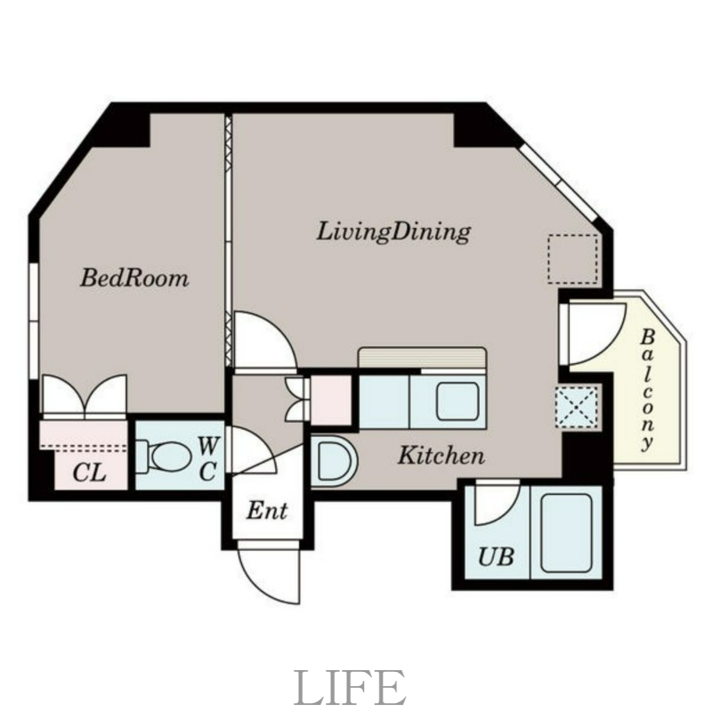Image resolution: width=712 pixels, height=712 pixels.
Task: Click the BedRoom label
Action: click(x=134, y=278)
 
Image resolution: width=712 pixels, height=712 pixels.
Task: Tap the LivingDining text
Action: click(x=393, y=232)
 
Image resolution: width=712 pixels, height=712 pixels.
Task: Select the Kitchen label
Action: click(x=441, y=457)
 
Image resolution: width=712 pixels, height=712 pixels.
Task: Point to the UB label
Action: click(x=496, y=558)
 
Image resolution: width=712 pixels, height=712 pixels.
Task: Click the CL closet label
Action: click(x=89, y=473)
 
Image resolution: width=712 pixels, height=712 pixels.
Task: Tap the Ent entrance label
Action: click(x=267, y=512)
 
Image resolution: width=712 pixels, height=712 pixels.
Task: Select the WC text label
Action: click(x=206, y=457)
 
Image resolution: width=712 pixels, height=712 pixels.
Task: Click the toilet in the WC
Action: click(x=165, y=457)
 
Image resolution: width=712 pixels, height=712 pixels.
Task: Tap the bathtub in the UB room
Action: click(x=566, y=532)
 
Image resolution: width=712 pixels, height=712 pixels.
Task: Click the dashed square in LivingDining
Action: click(x=572, y=258)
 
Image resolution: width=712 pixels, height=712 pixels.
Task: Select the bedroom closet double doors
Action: click(x=85, y=396)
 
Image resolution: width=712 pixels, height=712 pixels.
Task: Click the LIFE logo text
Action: click(x=350, y=688)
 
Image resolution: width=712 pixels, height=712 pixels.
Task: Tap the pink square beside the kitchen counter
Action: click(x=331, y=400)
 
